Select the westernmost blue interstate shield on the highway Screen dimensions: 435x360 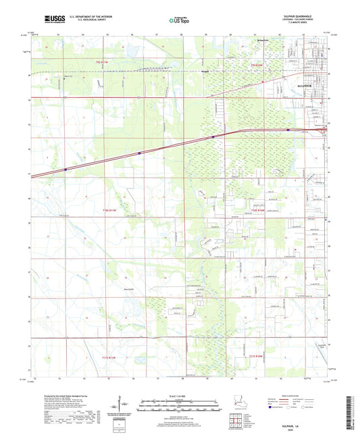pyautogui.click(x=66, y=170)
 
